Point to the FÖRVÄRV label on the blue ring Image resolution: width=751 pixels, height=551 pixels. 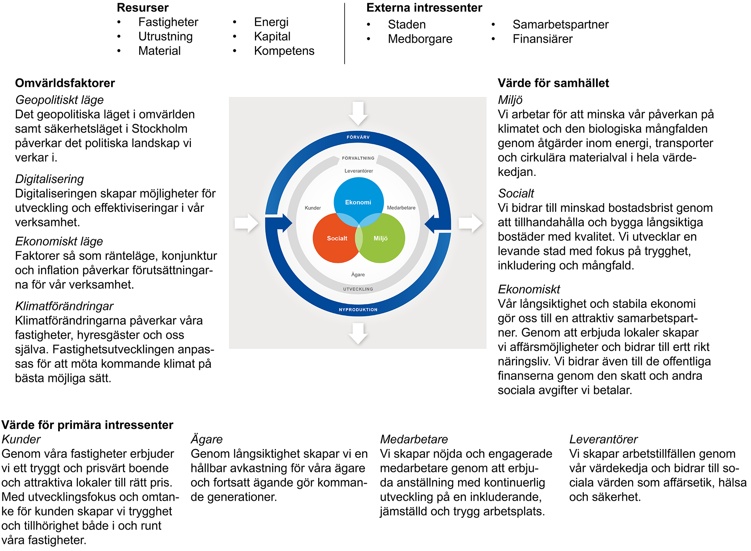[358, 137]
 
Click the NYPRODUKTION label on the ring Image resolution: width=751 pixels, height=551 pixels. [358, 309]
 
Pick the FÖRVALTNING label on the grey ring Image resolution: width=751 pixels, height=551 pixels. [358, 158]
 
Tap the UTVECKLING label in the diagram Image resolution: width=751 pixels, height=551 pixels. [358, 289]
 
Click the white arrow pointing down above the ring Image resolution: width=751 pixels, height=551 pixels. [358, 113]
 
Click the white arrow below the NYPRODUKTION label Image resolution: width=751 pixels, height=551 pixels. [358, 333]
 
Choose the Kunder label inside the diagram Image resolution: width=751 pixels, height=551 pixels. [313, 208]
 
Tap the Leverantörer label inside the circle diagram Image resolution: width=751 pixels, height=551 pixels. [359, 171]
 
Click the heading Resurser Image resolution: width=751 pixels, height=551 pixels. [143, 8]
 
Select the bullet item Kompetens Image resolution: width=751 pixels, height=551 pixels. [284, 51]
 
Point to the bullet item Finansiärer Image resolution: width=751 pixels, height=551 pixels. [542, 39]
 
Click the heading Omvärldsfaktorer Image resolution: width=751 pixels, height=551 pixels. [65, 83]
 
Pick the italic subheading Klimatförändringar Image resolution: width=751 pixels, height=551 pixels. [64, 306]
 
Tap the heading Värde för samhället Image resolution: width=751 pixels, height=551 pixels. [553, 83]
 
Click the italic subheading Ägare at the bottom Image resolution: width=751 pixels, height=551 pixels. [206, 439]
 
